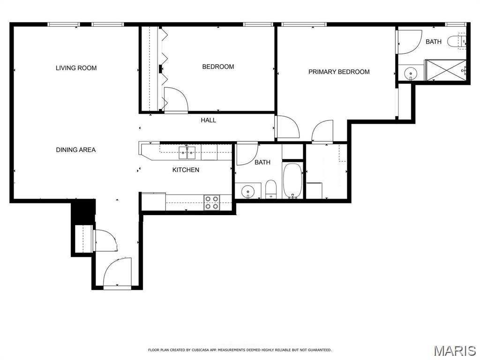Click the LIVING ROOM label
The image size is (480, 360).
[x=76, y=68]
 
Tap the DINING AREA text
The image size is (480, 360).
[x=76, y=150]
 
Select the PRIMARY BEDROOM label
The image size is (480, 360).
[x=339, y=72]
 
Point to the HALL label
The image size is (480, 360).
[x=209, y=120]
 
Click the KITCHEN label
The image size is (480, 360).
[x=186, y=170]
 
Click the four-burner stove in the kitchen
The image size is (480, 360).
[x=211, y=202]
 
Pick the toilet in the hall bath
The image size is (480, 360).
[x=271, y=189]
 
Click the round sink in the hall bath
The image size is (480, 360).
[x=247, y=191]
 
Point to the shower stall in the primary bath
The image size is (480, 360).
[x=445, y=70]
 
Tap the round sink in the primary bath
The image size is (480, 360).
[x=411, y=73]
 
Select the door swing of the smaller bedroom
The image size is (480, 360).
[x=176, y=99]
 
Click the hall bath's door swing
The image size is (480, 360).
[x=247, y=154]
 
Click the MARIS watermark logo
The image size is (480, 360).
[x=454, y=350]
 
